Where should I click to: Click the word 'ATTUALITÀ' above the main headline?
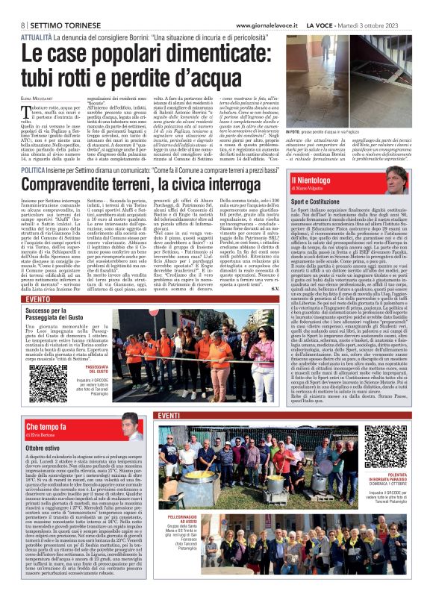click(37, 36)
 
